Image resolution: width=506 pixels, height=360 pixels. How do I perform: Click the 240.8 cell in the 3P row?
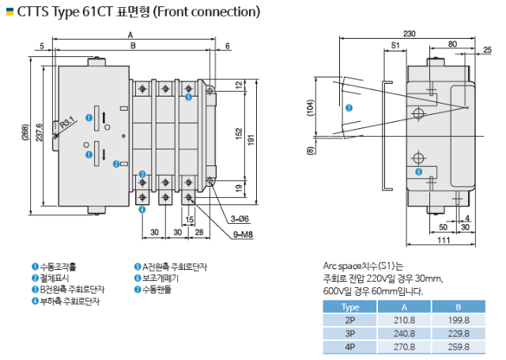(x=404, y=333)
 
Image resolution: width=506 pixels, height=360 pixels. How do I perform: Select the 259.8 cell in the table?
(x=459, y=347)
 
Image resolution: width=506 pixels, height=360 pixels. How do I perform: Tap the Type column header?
(x=349, y=307)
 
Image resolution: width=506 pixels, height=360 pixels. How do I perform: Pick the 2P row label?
(x=349, y=320)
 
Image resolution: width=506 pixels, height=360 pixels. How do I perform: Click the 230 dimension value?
(x=410, y=33)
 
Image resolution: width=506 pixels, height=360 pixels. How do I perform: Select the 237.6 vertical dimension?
(x=39, y=132)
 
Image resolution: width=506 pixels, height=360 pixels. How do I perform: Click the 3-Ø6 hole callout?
(x=240, y=219)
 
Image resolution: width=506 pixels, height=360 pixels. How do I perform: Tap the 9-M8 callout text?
(x=243, y=235)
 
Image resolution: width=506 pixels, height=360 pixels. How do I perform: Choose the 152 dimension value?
(x=239, y=134)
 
